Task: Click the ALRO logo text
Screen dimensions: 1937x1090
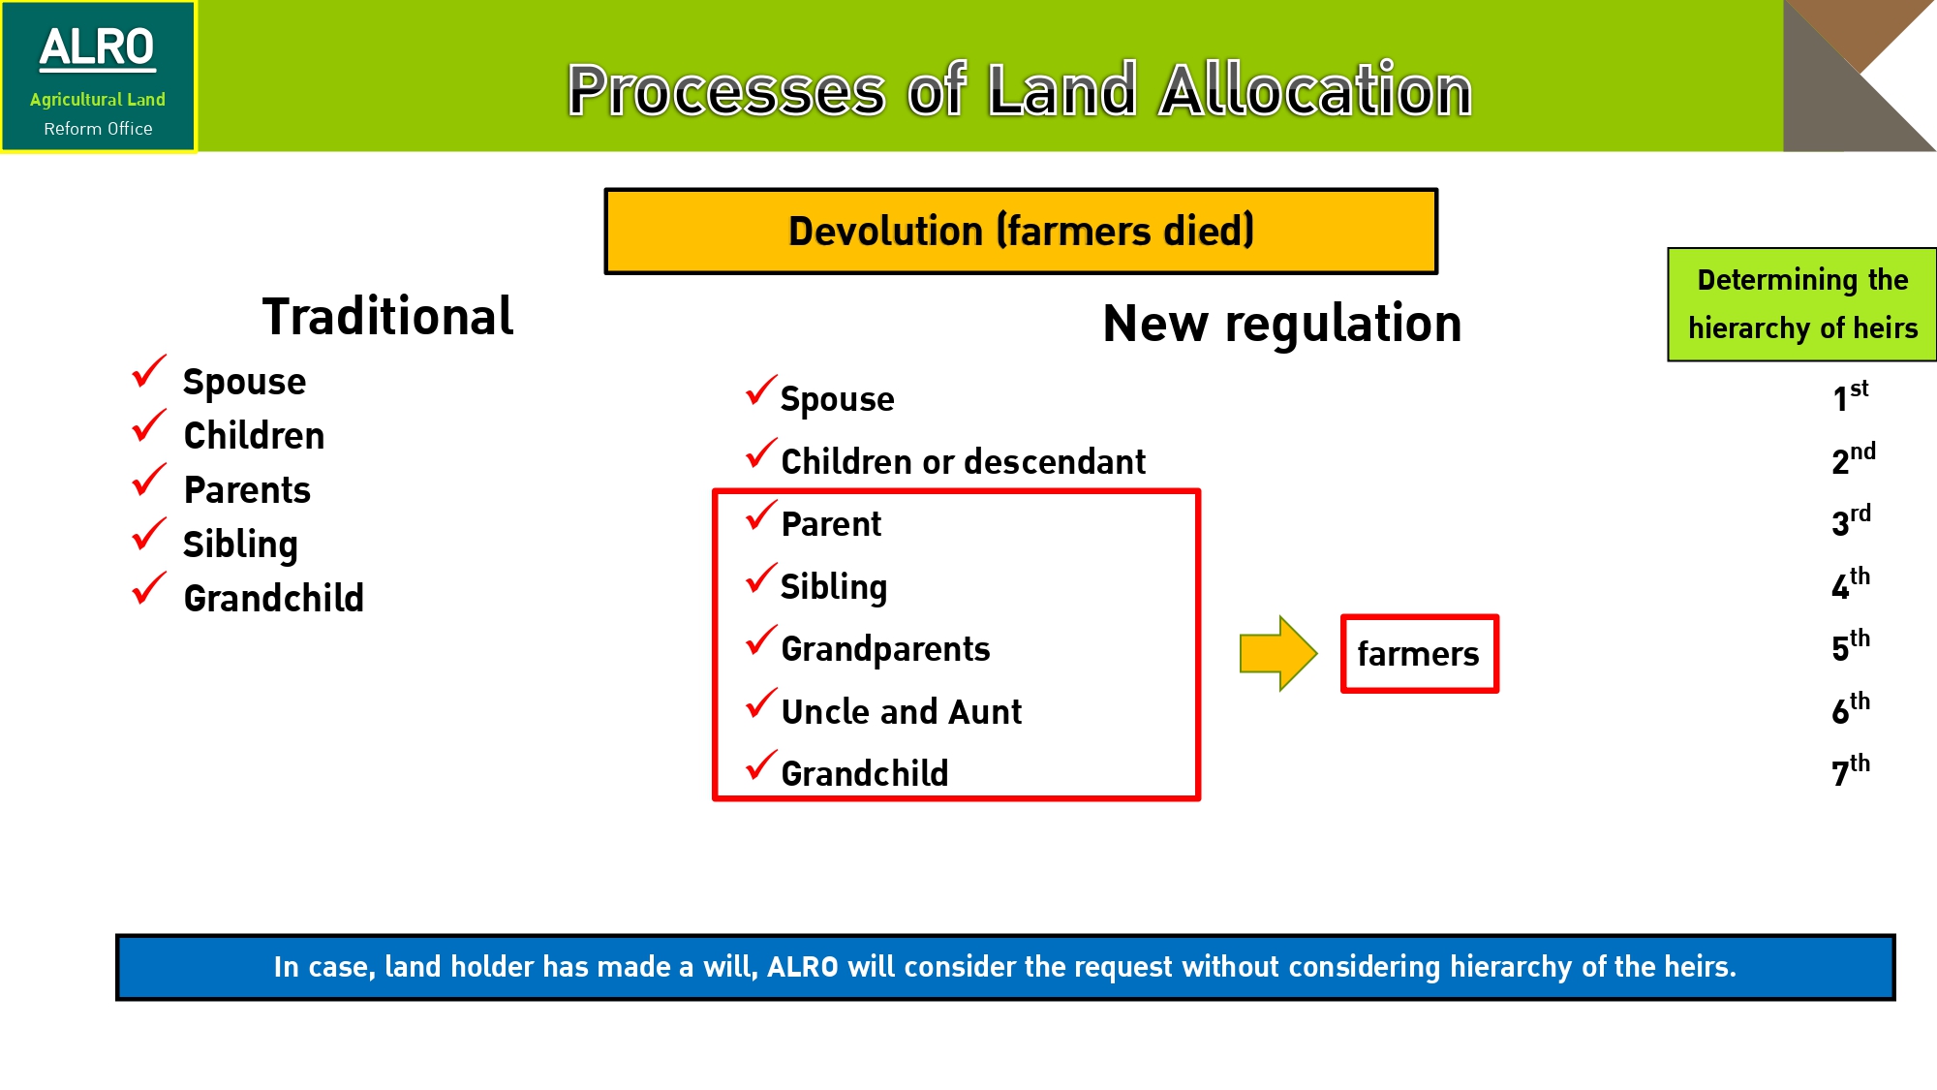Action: [97, 48]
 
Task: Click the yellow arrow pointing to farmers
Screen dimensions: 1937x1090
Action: [1278, 653]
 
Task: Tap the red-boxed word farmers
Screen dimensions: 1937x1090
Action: [1419, 654]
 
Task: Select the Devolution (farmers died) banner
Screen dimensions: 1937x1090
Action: [1021, 232]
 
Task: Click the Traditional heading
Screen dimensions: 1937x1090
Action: [387, 317]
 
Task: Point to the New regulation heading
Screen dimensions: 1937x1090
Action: [1282, 323]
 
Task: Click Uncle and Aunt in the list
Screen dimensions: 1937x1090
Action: [901, 712]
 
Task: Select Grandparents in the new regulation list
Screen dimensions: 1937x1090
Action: [885, 650]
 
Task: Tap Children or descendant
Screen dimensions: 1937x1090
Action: [963, 462]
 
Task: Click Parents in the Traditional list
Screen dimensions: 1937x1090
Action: [247, 490]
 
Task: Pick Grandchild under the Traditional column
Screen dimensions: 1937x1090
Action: [274, 599]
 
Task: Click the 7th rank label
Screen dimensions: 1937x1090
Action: [1851, 771]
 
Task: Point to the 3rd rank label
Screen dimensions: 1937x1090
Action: [1851, 521]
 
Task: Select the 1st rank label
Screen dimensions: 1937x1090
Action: [1850, 396]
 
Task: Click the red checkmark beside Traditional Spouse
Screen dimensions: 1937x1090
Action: [149, 371]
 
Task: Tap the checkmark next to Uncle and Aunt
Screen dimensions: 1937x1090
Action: [761, 703]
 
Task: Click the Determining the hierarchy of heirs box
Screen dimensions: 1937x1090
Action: [1801, 304]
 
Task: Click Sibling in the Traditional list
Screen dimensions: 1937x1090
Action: [240, 545]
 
